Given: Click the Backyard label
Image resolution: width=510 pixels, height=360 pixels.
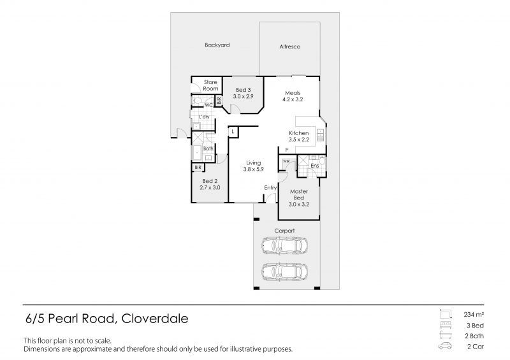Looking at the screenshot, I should (x=217, y=45).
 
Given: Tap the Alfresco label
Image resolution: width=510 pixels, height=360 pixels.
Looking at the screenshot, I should (x=290, y=47).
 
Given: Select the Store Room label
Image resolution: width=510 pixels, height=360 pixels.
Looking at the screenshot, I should (x=210, y=85).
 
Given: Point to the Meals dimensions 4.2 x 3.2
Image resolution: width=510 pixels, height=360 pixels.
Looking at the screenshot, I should (x=294, y=99).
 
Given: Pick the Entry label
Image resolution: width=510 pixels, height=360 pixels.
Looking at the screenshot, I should (x=270, y=187).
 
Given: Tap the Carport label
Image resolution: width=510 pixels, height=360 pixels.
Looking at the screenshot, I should (x=284, y=230).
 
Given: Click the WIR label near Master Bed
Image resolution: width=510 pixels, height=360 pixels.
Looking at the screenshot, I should (x=285, y=161).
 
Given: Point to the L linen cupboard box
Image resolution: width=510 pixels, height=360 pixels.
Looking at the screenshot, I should (x=234, y=131).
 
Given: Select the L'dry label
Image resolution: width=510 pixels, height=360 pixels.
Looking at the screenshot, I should (x=204, y=117).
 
